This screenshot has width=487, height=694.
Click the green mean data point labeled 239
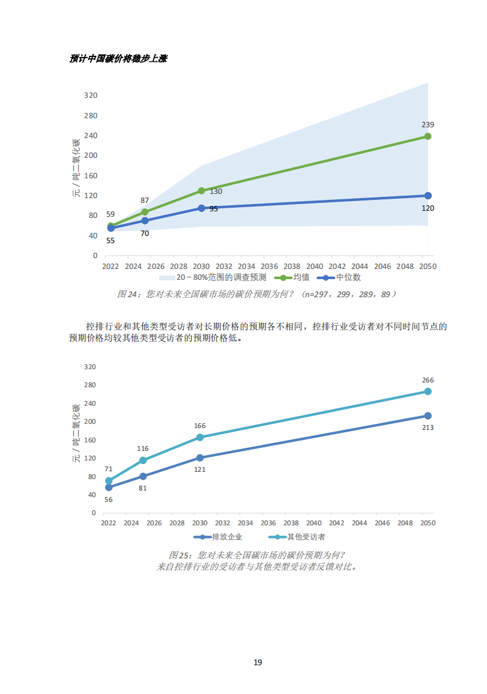click(428, 136)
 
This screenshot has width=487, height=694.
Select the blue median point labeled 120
click(428, 196)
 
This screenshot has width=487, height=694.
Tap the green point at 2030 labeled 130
click(201, 191)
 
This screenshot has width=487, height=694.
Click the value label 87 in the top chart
click(145, 201)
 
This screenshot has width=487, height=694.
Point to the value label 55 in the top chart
click(110, 240)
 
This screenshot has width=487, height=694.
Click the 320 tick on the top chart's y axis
click(91, 95)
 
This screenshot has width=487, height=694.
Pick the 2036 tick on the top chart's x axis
click(269, 266)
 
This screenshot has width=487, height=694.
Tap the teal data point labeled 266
click(428, 391)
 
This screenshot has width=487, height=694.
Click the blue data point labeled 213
click(428, 416)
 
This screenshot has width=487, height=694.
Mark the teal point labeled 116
click(143, 460)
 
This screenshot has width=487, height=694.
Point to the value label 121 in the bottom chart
click(200, 469)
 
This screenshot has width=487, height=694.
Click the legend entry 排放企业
click(227, 537)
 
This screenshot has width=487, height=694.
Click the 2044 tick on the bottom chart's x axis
click(359, 523)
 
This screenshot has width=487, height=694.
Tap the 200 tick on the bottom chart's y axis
click(90, 421)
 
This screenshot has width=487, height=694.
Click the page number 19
click(258, 663)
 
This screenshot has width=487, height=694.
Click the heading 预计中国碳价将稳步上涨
click(118, 59)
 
